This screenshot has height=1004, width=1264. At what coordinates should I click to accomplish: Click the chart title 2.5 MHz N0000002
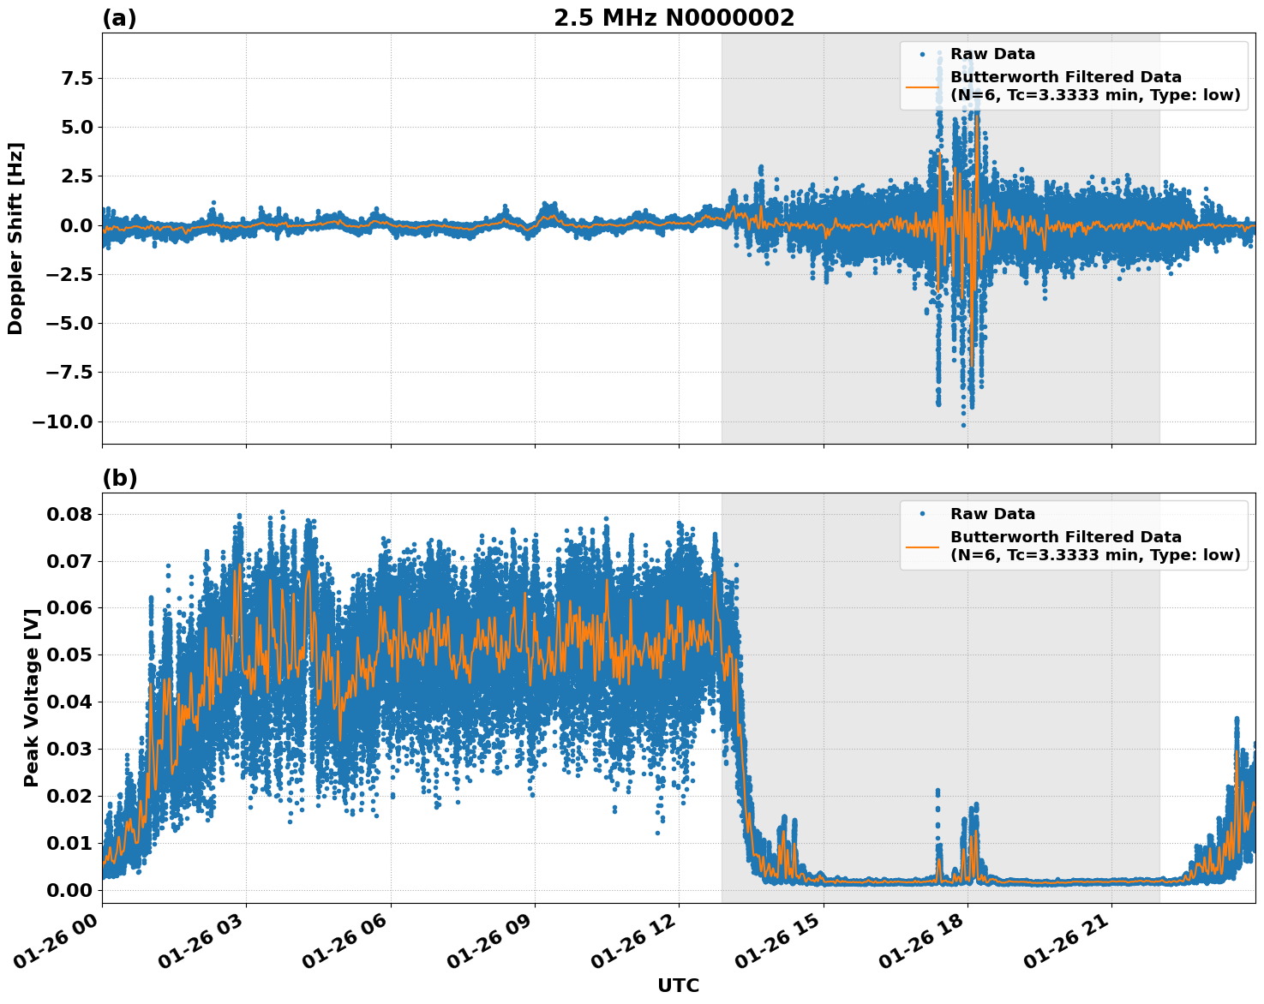point(674,18)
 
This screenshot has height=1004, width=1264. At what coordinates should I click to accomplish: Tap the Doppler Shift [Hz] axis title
point(15,238)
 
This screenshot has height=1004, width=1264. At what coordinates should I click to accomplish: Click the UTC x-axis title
point(678,986)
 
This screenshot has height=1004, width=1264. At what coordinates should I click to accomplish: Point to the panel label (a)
point(119,18)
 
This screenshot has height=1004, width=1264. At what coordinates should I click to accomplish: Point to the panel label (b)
point(119,478)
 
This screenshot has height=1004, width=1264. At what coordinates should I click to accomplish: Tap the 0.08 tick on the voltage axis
point(69,514)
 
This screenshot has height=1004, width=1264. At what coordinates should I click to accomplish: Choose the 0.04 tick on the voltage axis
point(69,702)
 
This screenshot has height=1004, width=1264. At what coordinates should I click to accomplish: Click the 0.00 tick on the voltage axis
point(69,890)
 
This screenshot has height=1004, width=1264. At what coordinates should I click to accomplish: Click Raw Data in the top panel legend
point(992,55)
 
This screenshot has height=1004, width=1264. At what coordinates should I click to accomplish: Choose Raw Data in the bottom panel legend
point(992,515)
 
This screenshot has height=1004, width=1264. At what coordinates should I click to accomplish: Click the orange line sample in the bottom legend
point(922,547)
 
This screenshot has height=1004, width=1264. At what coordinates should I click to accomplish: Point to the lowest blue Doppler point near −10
point(963,425)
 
